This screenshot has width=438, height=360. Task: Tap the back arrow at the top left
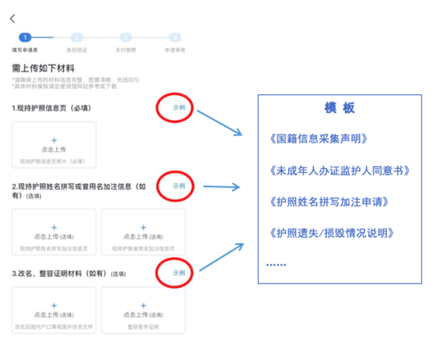pyautogui.click(x=13, y=19)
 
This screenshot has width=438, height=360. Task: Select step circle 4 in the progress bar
pyautogui.click(x=175, y=37)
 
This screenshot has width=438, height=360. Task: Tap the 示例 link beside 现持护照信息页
pyautogui.click(x=179, y=108)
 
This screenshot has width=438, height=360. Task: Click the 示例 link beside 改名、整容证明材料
pyautogui.click(x=179, y=273)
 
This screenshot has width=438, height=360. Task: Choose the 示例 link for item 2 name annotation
pyautogui.click(x=179, y=186)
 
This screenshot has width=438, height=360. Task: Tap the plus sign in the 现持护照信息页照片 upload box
pyautogui.click(x=54, y=140)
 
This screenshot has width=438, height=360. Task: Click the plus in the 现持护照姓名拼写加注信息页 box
pyautogui.click(x=54, y=227)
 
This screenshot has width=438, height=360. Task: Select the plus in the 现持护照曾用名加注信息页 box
pyautogui.click(x=143, y=227)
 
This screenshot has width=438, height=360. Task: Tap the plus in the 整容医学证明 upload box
pyautogui.click(x=143, y=306)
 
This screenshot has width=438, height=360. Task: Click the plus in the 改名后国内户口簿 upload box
pyautogui.click(x=54, y=306)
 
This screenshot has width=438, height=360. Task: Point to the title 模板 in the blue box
pyautogui.click(x=339, y=108)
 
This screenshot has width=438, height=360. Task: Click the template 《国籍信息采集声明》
pyautogui.click(x=318, y=139)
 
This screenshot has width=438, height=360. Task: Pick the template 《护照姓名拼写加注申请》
pyautogui.click(x=328, y=202)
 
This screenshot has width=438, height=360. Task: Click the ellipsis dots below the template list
pyautogui.click(x=276, y=264)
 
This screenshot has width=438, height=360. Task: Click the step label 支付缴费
pyautogui.click(x=126, y=50)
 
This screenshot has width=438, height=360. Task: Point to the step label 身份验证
pyautogui.click(x=77, y=50)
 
